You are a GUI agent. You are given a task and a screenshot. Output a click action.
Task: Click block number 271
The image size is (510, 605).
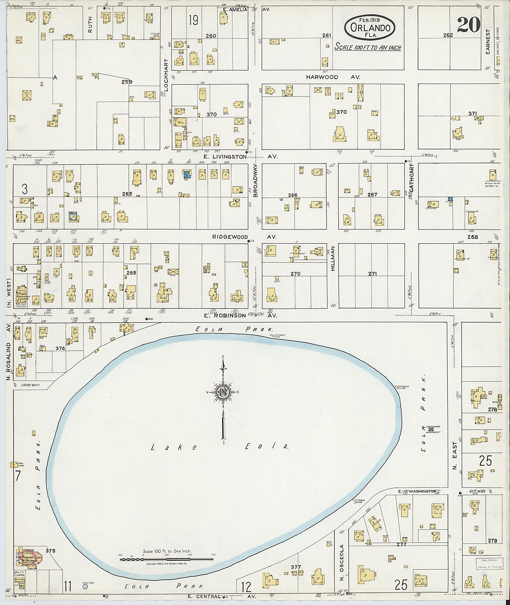pos(372,273)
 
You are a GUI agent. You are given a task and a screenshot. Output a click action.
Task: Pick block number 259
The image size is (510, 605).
pos(127,82)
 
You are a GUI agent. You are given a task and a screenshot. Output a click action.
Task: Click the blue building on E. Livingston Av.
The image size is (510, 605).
pos(187,175)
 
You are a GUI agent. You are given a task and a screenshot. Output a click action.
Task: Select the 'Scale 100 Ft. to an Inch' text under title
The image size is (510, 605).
pos(368,47)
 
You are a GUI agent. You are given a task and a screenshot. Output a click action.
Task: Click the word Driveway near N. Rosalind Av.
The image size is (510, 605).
pos(30,385)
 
